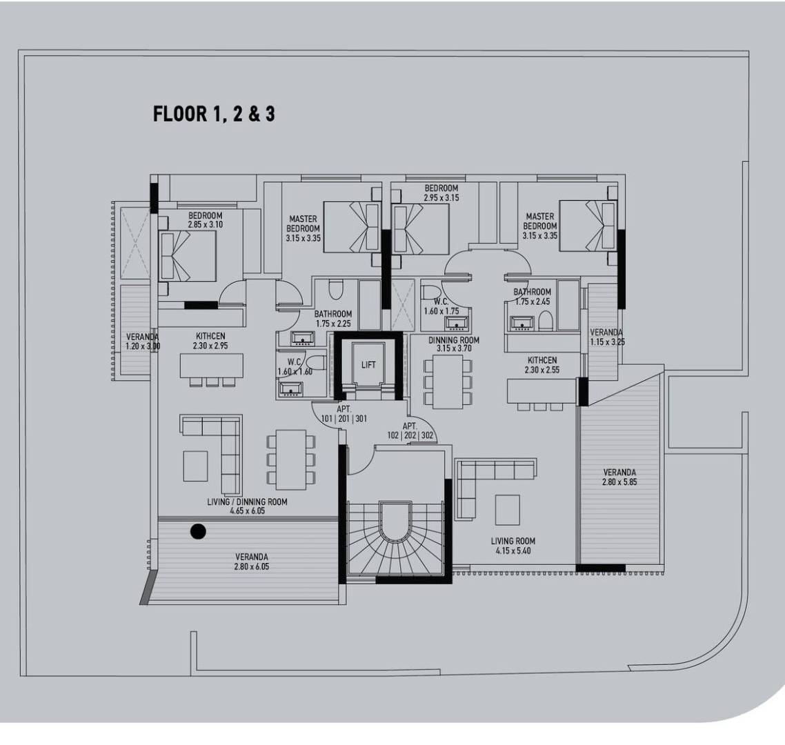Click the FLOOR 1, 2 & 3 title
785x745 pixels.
point(214,114)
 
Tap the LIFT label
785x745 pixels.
point(368,365)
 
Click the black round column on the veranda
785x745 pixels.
point(198,531)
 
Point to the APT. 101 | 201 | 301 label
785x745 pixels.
point(344,414)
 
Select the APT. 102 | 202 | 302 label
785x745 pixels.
point(410,430)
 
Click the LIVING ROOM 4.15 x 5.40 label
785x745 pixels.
point(513,546)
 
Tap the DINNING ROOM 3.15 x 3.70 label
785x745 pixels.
point(454,344)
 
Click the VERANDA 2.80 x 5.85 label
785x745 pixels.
point(619,477)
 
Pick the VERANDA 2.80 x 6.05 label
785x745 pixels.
point(251,562)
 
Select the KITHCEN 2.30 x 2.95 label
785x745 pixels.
point(210,341)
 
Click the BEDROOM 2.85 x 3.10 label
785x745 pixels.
point(206,220)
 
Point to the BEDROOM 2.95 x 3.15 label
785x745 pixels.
point(441,192)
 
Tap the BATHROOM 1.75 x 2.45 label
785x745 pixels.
point(532,297)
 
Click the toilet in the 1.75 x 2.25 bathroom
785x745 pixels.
point(335,290)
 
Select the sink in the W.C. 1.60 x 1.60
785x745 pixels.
point(291,389)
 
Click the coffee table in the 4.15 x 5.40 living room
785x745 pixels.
point(508,510)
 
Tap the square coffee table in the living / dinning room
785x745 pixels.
point(195,466)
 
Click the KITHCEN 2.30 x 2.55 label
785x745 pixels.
point(542,365)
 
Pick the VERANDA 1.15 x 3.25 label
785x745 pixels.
point(606,337)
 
